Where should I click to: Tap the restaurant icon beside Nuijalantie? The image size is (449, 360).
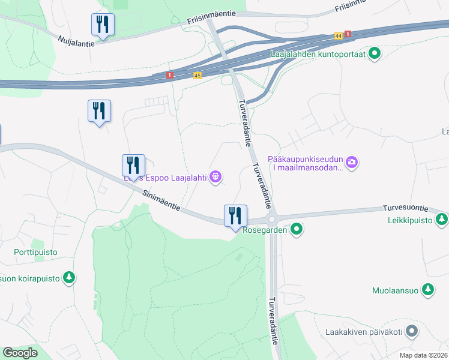click(x=103, y=25)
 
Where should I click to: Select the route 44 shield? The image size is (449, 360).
click(x=339, y=37)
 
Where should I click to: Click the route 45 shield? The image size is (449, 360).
click(x=197, y=75)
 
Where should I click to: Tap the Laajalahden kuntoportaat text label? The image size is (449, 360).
click(x=318, y=55)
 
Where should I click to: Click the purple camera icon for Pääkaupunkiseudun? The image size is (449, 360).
click(x=352, y=162)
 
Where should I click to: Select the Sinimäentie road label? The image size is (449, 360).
click(x=161, y=200)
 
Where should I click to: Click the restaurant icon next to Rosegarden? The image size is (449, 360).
click(x=235, y=215)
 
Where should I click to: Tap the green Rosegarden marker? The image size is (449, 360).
click(x=296, y=229)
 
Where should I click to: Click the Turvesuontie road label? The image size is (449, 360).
click(x=405, y=209)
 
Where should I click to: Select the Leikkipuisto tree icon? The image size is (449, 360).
click(x=442, y=219)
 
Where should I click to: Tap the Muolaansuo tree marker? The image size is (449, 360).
click(x=427, y=290)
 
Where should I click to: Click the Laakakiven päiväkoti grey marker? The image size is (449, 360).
click(x=411, y=331)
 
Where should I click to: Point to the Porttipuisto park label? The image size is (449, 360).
click(x=36, y=253)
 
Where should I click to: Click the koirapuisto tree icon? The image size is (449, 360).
click(x=70, y=278)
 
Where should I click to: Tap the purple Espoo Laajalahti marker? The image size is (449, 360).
click(x=216, y=177)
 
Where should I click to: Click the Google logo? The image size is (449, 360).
click(x=19, y=353)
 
